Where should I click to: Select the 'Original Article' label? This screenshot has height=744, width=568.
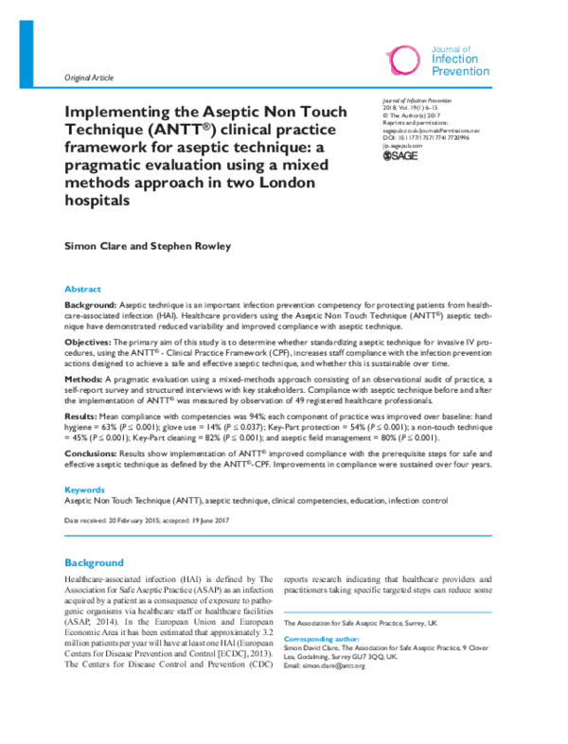tap(88, 78)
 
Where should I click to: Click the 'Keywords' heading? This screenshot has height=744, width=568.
tap(84, 489)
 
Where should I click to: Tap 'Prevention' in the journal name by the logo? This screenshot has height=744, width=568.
tap(460, 71)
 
